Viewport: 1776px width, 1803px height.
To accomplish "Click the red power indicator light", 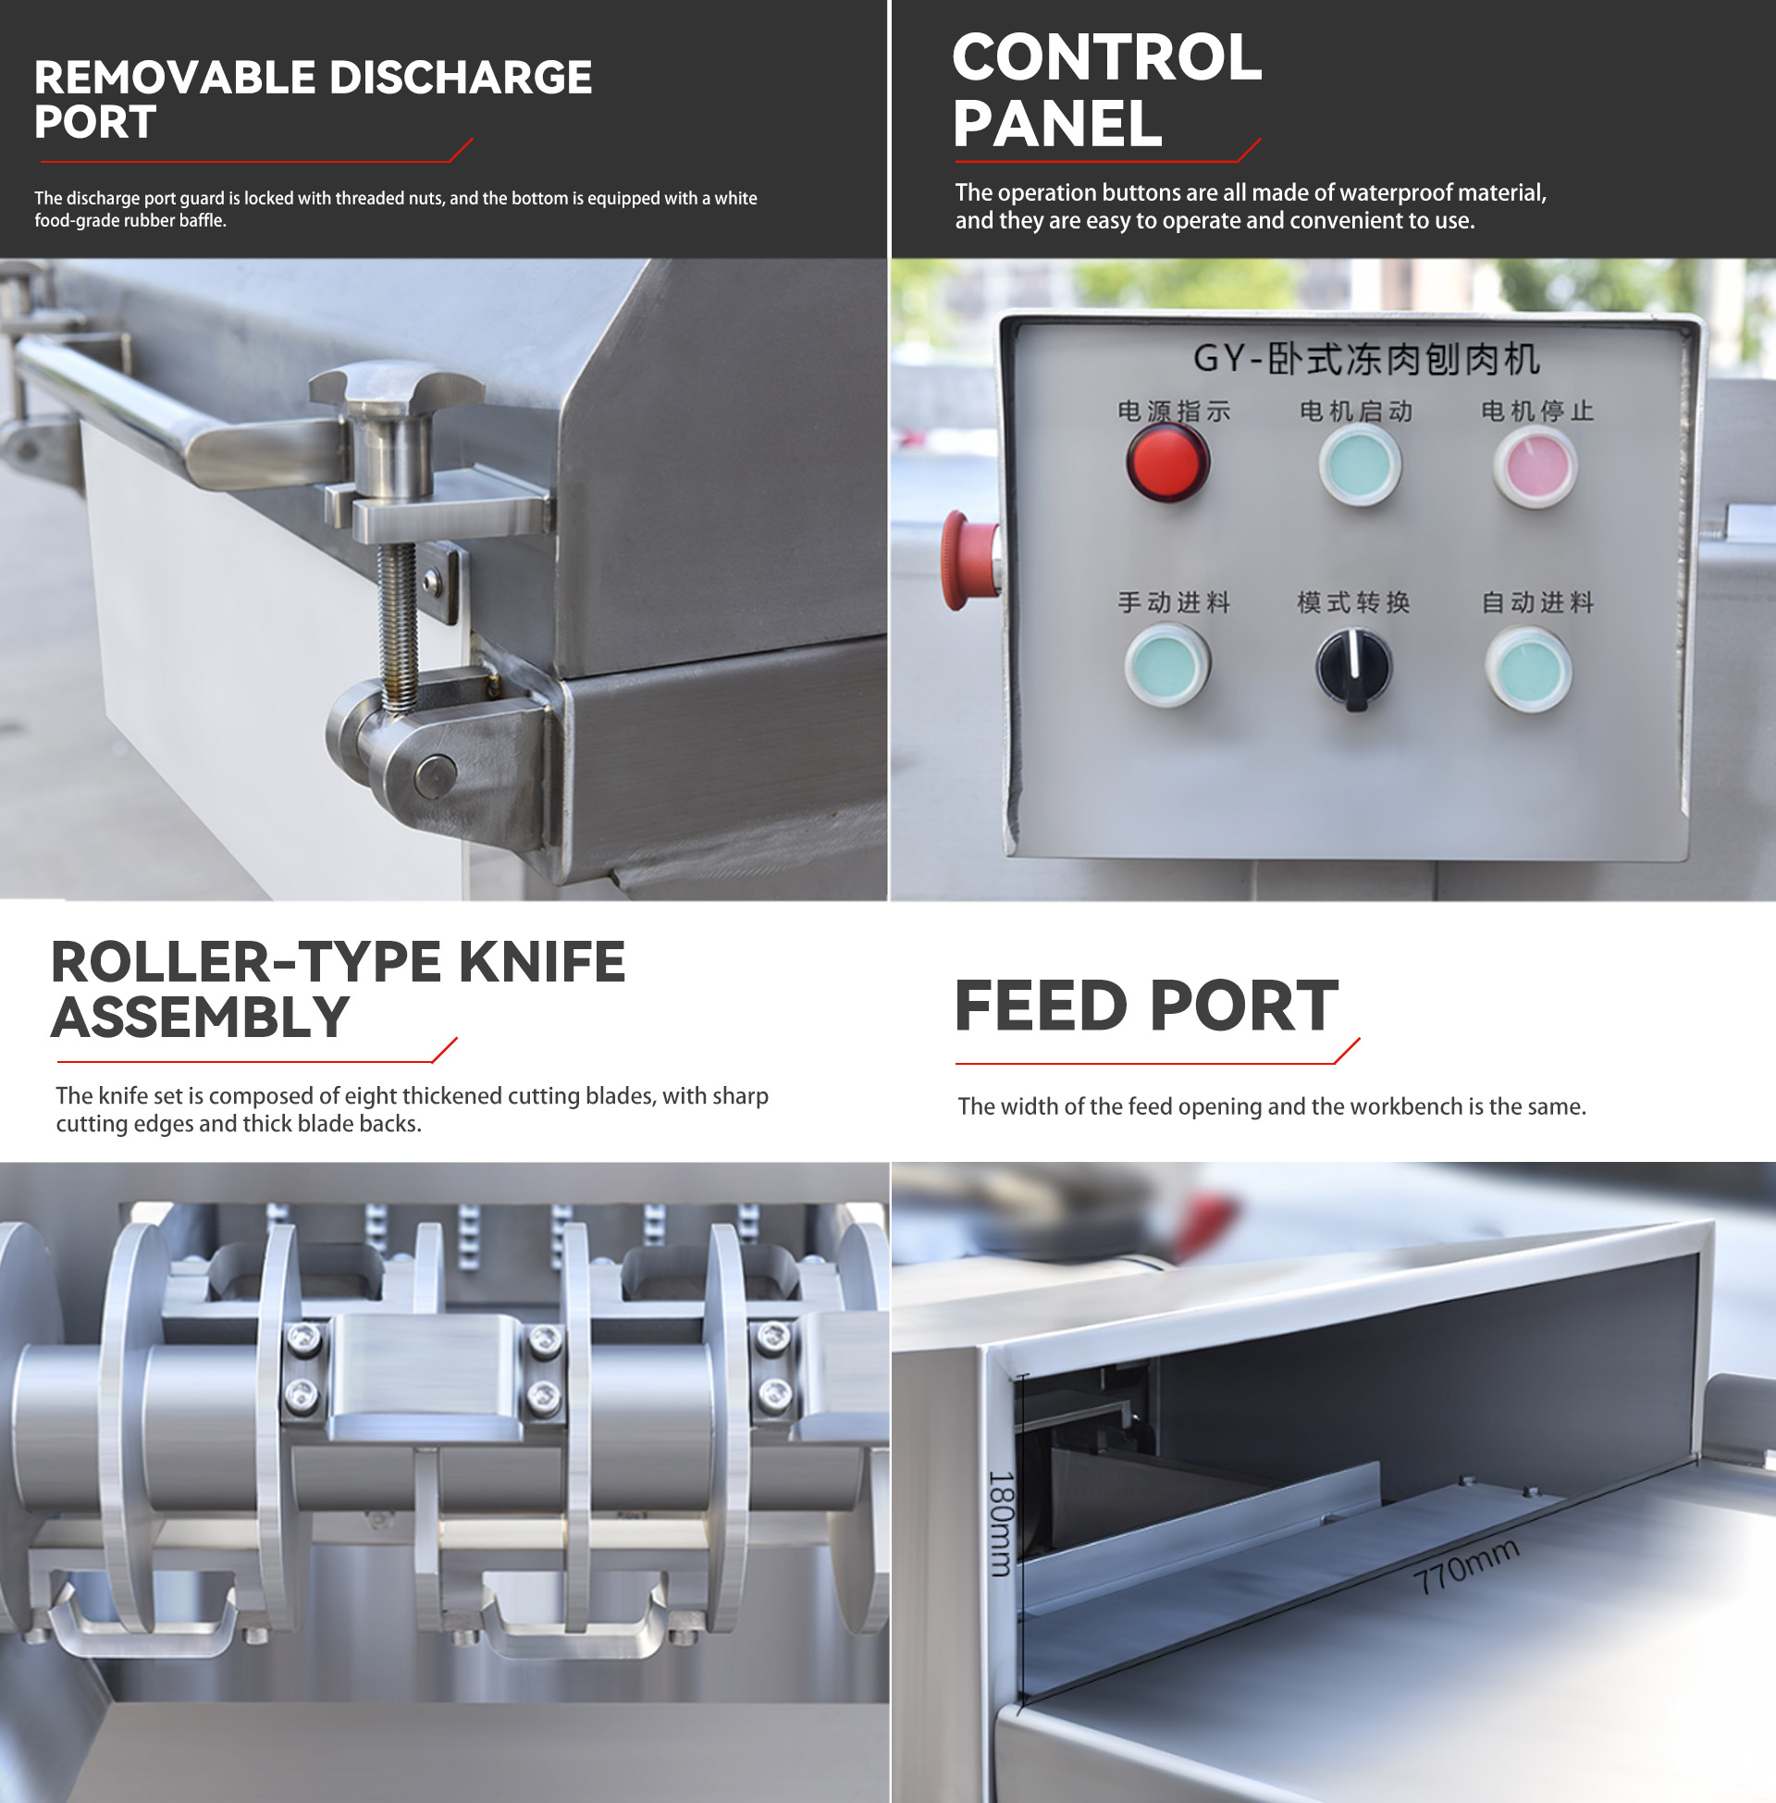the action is point(1168,463).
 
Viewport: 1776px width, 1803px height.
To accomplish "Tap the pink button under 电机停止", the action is point(1535,467).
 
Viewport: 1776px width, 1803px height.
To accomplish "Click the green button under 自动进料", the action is point(1529,670).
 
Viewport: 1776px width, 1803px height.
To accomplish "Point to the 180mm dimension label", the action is point(1001,1524).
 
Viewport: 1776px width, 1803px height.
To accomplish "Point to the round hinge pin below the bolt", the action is point(435,775).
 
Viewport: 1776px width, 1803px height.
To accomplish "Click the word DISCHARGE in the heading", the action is point(461,78).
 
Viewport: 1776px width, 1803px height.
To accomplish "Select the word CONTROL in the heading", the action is point(1107,58).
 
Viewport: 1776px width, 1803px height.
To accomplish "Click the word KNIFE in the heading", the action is point(542,962).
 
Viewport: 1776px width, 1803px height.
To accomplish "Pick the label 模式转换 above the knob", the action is point(1353,602).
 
